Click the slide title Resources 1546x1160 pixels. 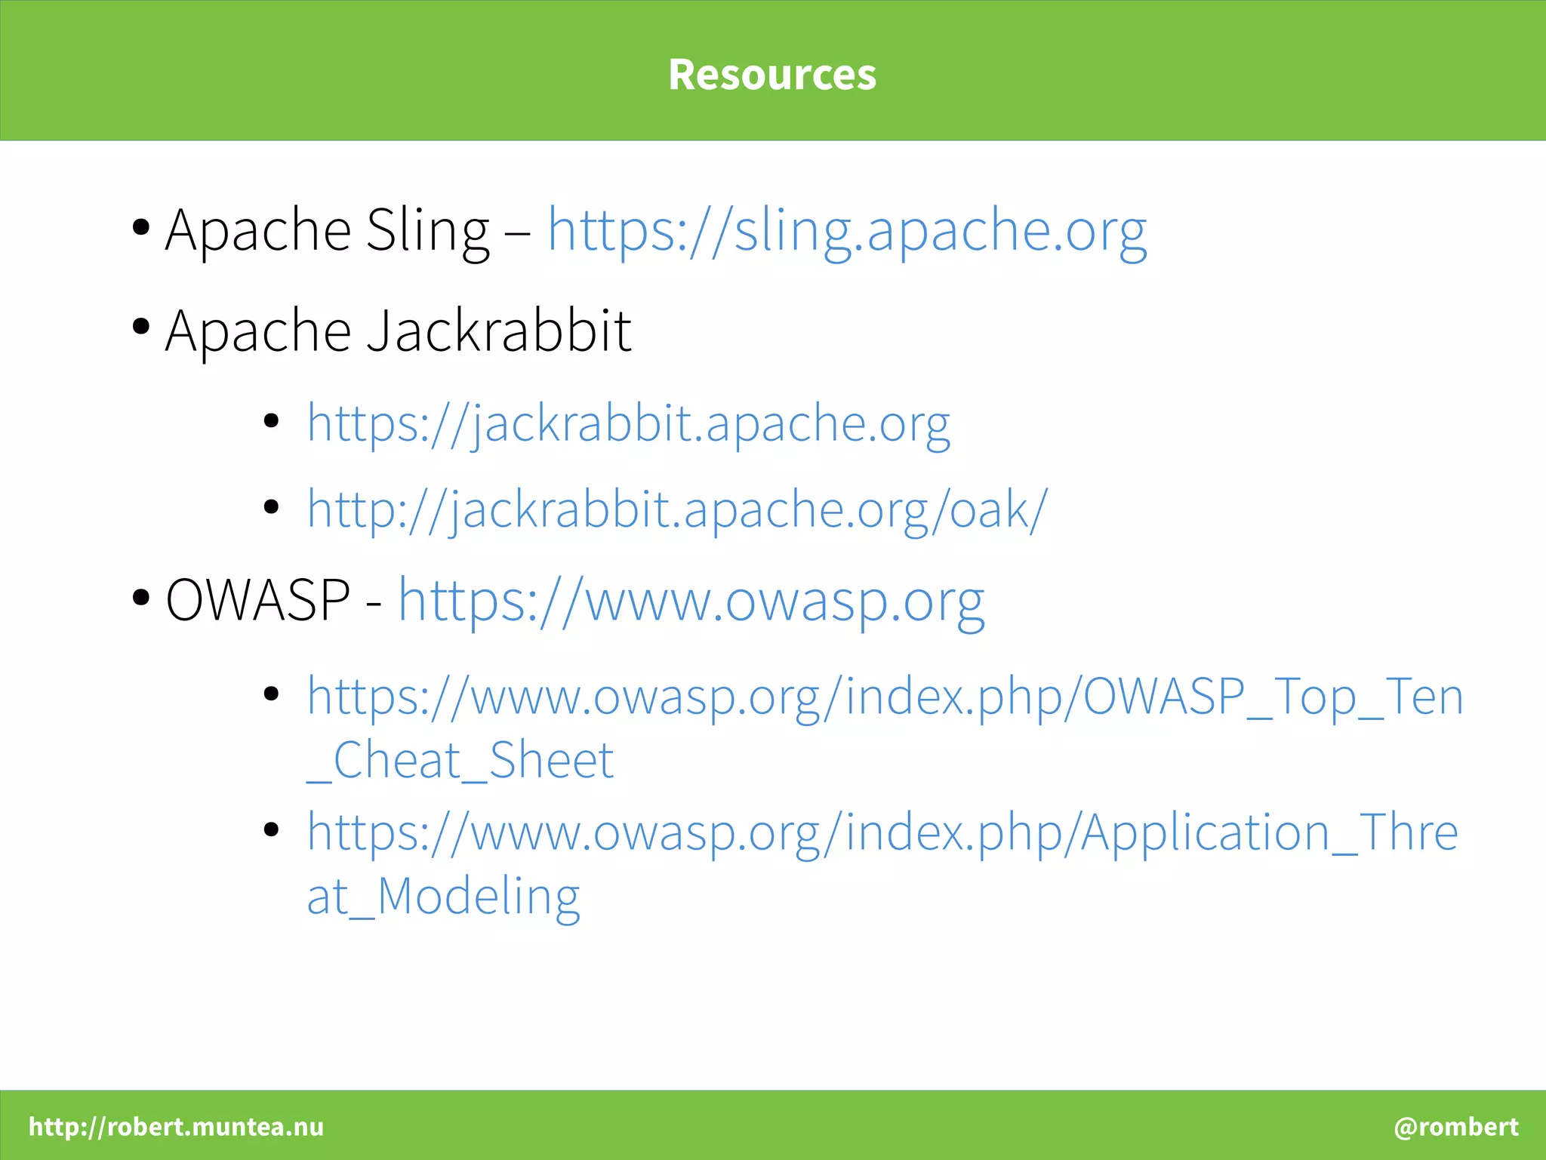tap(772, 75)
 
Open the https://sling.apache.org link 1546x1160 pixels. tap(847, 230)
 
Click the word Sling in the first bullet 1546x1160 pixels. tap(427, 230)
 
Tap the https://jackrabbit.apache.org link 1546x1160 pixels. tap(628, 423)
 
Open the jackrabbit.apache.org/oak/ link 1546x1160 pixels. tap(677, 509)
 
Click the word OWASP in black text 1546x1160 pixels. tap(257, 600)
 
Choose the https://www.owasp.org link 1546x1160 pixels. tap(691, 602)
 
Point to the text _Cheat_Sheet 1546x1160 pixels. tap(460, 760)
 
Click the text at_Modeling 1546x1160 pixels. tap(443, 897)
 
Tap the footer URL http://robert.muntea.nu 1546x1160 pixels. tap(176, 1127)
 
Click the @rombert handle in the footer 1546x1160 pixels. tap(1455, 1127)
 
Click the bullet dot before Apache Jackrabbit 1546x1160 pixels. tap(140, 327)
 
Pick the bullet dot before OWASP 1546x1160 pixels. tap(140, 597)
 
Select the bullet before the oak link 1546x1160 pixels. tap(272, 506)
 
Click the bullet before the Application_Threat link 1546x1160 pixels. tap(272, 829)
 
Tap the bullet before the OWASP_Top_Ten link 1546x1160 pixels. tap(272, 693)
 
